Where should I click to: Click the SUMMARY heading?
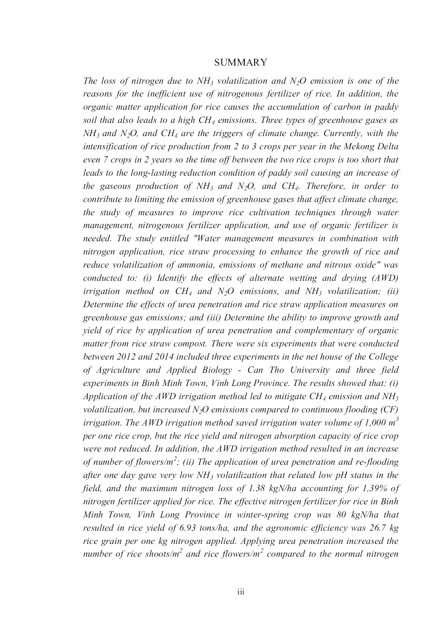pyautogui.click(x=241, y=63)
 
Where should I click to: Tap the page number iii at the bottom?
pyautogui.click(x=241, y=592)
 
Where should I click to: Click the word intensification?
pyautogui.click(x=109, y=146)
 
